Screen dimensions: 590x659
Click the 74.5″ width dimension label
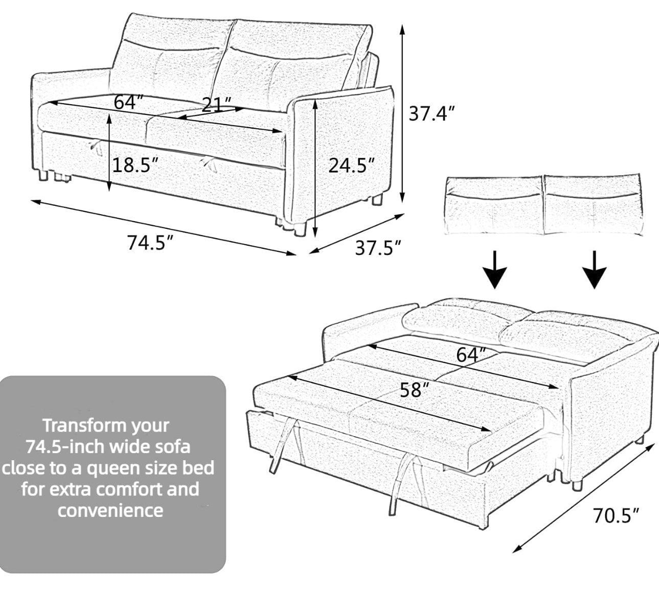[148, 243]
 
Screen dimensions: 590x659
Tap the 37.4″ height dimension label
[430, 113]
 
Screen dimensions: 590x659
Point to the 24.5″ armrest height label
[351, 165]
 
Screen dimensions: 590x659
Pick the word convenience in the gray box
[110, 510]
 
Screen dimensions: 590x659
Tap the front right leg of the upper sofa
[300, 227]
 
